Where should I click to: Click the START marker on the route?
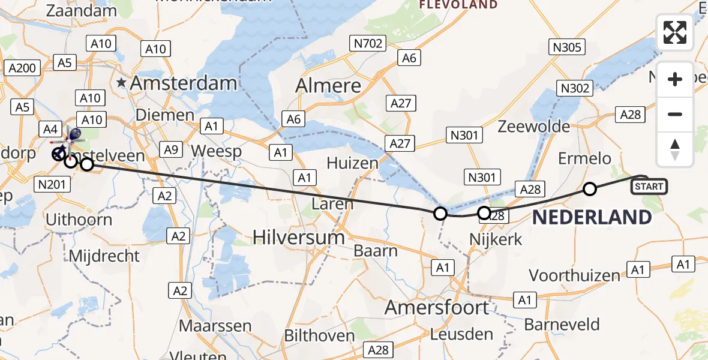coord(649,187)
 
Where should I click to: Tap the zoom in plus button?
coord(675,79)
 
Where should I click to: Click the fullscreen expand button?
coord(675,32)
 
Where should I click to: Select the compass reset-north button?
coord(675,149)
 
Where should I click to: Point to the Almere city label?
coord(328,86)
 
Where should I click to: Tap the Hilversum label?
coord(298,237)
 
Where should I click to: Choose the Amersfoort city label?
coord(436,308)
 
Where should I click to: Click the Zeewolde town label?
coord(533,127)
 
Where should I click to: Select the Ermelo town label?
coord(584,159)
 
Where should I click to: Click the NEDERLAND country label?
coord(592,218)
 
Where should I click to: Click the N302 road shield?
coord(575,88)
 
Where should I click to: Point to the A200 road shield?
coord(23,68)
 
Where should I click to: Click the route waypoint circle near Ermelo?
coord(590,190)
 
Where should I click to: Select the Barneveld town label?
coord(562,325)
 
